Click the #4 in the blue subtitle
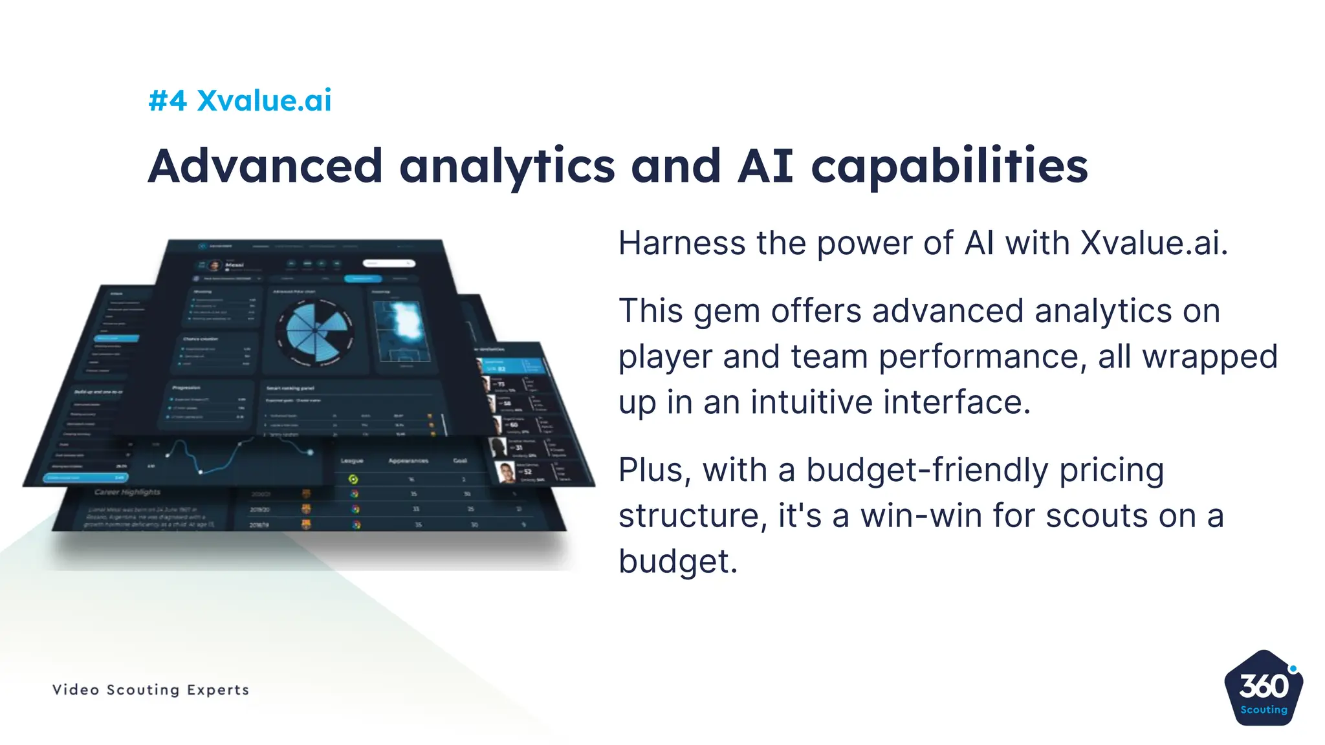(168, 101)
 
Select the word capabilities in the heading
(949, 166)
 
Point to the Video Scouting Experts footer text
(151, 689)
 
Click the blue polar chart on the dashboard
(315, 330)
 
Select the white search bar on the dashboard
(388, 263)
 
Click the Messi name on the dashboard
(234, 265)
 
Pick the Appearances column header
(408, 461)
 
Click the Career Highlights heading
(127, 492)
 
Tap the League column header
(352, 461)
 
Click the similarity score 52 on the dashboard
(527, 471)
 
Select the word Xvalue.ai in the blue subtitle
(264, 101)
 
